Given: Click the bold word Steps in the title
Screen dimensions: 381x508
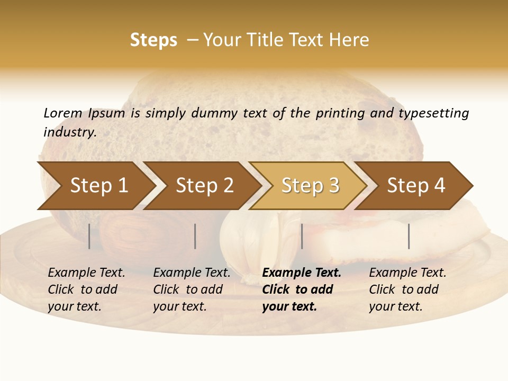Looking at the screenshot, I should [x=153, y=40].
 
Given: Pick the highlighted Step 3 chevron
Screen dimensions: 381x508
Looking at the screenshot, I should [x=310, y=186].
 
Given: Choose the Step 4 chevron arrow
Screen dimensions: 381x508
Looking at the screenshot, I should [x=416, y=186].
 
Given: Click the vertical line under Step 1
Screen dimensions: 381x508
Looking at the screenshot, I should [x=89, y=236].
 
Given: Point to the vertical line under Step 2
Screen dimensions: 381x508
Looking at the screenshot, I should [x=195, y=236].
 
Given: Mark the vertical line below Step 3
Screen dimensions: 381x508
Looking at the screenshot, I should [x=302, y=236].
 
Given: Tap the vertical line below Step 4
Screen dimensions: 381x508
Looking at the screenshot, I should [x=409, y=236].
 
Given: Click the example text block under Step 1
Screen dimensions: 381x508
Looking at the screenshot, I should [x=86, y=289].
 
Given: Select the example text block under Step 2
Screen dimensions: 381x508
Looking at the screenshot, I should [x=192, y=289].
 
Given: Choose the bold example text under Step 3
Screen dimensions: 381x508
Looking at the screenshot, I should [x=302, y=289].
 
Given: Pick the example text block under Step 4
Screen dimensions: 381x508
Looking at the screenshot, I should [x=407, y=289].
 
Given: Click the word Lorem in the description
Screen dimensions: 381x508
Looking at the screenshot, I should [x=62, y=113].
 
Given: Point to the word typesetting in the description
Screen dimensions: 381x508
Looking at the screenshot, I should [x=433, y=113].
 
